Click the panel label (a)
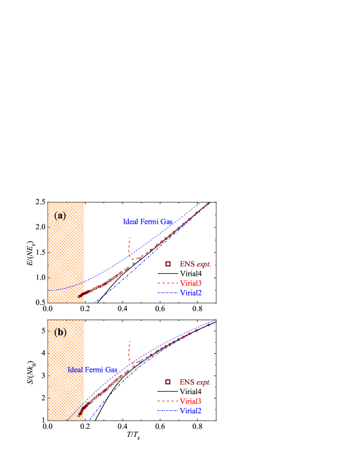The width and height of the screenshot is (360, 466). point(60,216)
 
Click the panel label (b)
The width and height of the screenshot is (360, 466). point(60,332)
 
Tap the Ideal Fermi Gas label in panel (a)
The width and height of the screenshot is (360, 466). point(147,221)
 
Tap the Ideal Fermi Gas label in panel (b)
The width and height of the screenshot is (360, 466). point(92,370)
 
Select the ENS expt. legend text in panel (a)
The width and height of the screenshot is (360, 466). point(195,264)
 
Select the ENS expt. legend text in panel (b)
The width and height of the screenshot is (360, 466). point(195,382)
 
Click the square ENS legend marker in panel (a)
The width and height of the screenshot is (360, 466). point(168,264)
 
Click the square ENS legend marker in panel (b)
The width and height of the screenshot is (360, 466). point(168,382)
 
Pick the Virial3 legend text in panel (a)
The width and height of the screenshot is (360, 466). point(191,283)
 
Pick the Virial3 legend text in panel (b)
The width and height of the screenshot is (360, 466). point(191,402)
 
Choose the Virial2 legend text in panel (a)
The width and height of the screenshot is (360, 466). point(191,292)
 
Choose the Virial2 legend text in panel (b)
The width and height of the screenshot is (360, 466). point(191,411)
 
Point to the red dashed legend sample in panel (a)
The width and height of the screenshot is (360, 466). point(167,284)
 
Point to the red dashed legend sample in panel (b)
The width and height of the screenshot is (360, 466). point(167,402)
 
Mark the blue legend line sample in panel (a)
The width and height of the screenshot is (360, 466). point(167,292)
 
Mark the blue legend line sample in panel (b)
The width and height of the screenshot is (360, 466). point(167,411)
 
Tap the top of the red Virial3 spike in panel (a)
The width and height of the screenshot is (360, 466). point(130,238)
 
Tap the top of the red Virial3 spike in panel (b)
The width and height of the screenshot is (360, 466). point(130,341)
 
